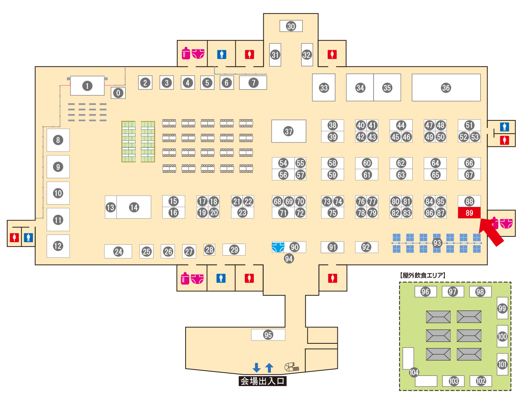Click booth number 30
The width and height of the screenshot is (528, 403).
(291, 26)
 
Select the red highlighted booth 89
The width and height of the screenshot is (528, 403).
(469, 213)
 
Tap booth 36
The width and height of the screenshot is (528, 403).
(446, 88)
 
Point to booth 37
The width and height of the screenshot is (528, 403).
(289, 131)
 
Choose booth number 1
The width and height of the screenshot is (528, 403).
(87, 86)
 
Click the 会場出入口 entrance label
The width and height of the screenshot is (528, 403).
(263, 381)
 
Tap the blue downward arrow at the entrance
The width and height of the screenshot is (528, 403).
(256, 368)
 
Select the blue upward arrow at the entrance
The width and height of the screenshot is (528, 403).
(269, 368)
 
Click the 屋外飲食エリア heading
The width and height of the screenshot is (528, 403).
(422, 275)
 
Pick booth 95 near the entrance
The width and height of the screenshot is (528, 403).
(268, 335)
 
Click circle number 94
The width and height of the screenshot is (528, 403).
(289, 258)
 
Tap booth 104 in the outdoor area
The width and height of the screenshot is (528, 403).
(414, 372)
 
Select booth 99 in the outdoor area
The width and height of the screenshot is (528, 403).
(502, 308)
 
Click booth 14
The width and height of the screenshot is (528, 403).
(134, 207)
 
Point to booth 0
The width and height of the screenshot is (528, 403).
(118, 93)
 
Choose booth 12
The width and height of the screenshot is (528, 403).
(58, 246)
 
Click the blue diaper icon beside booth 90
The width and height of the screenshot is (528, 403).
(278, 247)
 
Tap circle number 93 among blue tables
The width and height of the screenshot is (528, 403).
(437, 243)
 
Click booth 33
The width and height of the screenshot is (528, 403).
(324, 88)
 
